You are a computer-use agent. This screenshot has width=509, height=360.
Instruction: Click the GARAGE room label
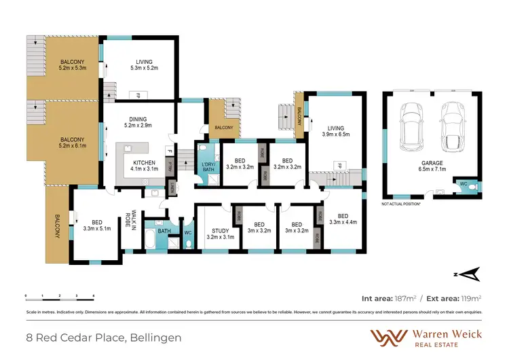tap(432, 164)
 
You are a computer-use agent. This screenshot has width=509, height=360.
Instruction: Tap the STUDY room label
tap(219, 230)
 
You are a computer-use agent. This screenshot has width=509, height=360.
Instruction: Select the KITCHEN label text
tap(145, 162)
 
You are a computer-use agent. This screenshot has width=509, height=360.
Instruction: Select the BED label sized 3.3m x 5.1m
tap(97, 222)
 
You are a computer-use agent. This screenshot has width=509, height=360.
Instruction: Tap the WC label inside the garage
tap(463, 183)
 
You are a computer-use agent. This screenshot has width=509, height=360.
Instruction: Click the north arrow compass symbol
tap(469, 274)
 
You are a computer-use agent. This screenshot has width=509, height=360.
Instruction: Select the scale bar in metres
tap(59, 298)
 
